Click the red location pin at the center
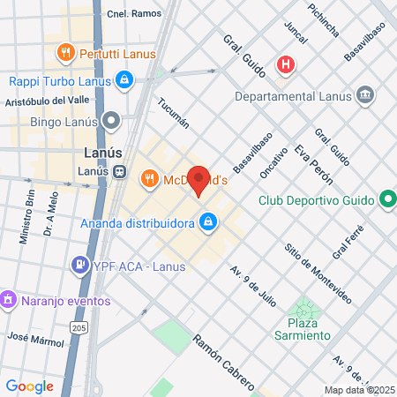click(198, 181)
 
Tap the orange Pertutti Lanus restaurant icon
click(64, 53)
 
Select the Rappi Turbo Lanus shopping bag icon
click(125, 82)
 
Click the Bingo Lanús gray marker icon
click(110, 122)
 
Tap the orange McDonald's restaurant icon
click(148, 179)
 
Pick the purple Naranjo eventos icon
click(9, 300)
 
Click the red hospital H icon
click(285, 64)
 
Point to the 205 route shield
click(79, 328)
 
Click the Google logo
click(29, 386)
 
